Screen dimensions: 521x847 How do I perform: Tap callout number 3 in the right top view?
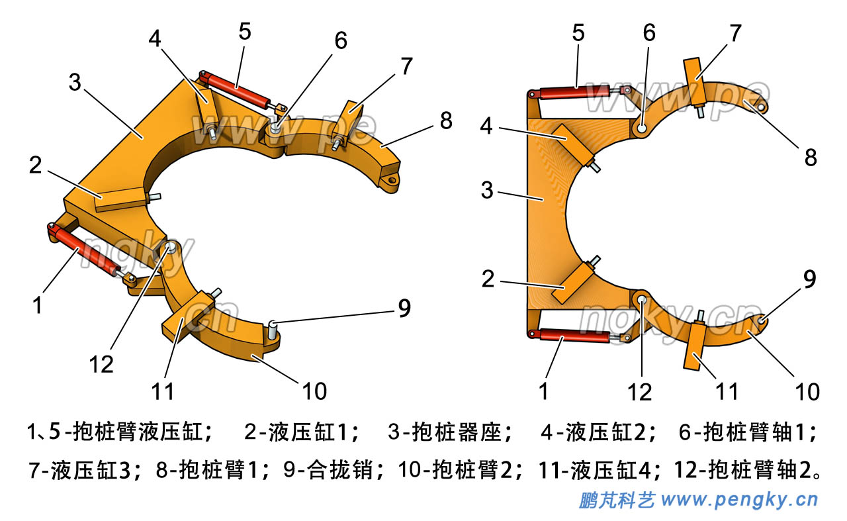click(488, 191)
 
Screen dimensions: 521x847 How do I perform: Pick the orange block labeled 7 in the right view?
click(693, 79)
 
